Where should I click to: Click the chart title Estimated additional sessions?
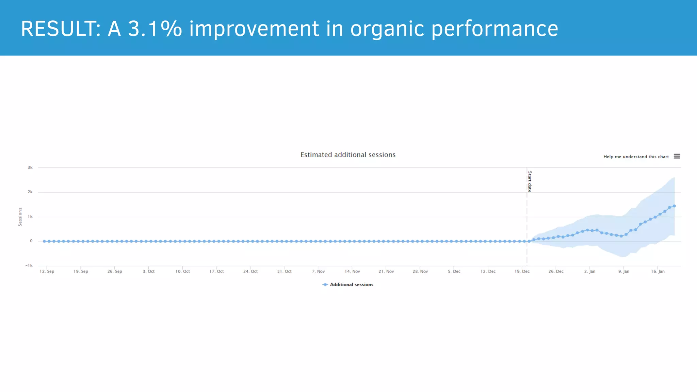(x=348, y=155)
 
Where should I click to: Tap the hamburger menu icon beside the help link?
(x=677, y=156)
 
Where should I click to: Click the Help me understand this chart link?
(x=636, y=157)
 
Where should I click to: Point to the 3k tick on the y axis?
(x=30, y=167)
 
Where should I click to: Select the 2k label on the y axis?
(x=30, y=192)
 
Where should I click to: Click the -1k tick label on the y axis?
(x=29, y=265)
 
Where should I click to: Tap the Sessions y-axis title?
(x=20, y=217)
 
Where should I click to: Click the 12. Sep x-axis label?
(x=47, y=271)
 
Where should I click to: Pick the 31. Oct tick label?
(x=284, y=271)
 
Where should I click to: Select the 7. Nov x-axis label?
(x=318, y=271)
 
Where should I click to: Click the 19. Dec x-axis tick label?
(x=522, y=271)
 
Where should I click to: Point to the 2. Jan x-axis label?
(x=590, y=271)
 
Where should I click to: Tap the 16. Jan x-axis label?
(x=658, y=271)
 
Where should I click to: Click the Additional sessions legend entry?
(x=351, y=284)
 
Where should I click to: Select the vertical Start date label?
(x=530, y=181)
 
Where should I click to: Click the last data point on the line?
(x=674, y=206)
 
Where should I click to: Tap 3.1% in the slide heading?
(x=155, y=29)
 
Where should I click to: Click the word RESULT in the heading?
(x=58, y=29)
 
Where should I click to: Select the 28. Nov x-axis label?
(x=420, y=271)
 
